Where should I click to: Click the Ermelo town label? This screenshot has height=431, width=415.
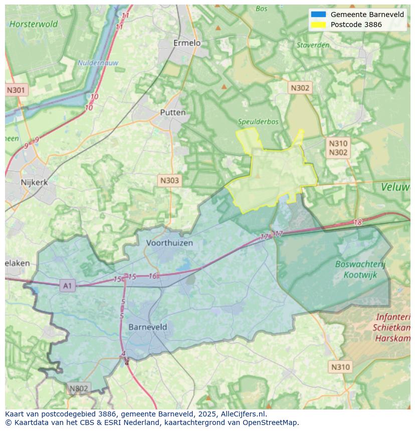point(186,43)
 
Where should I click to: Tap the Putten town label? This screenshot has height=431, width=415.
point(172,113)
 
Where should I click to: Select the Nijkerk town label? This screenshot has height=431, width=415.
point(34,182)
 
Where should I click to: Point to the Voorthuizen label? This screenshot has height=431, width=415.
point(169,243)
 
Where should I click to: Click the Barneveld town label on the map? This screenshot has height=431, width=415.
point(148,327)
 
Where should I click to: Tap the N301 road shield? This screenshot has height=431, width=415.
point(16,90)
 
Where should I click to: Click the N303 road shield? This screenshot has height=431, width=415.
point(169,181)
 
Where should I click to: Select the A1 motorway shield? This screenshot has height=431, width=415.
point(67,286)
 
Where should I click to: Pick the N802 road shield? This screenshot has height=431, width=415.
point(79,388)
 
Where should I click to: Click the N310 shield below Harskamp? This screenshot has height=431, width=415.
point(340,367)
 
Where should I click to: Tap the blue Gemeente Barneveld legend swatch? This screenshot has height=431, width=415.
point(318,15)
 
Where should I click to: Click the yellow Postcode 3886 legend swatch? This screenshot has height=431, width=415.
point(318,25)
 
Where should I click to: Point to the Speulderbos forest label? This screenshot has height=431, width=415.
point(258,122)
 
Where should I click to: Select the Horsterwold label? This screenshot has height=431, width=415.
point(34,24)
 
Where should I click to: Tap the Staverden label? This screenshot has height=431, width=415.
point(313,45)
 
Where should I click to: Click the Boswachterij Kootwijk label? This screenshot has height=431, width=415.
point(360,269)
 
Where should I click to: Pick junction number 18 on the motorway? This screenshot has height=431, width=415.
point(357,223)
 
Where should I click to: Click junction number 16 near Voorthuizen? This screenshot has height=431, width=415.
point(153,276)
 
